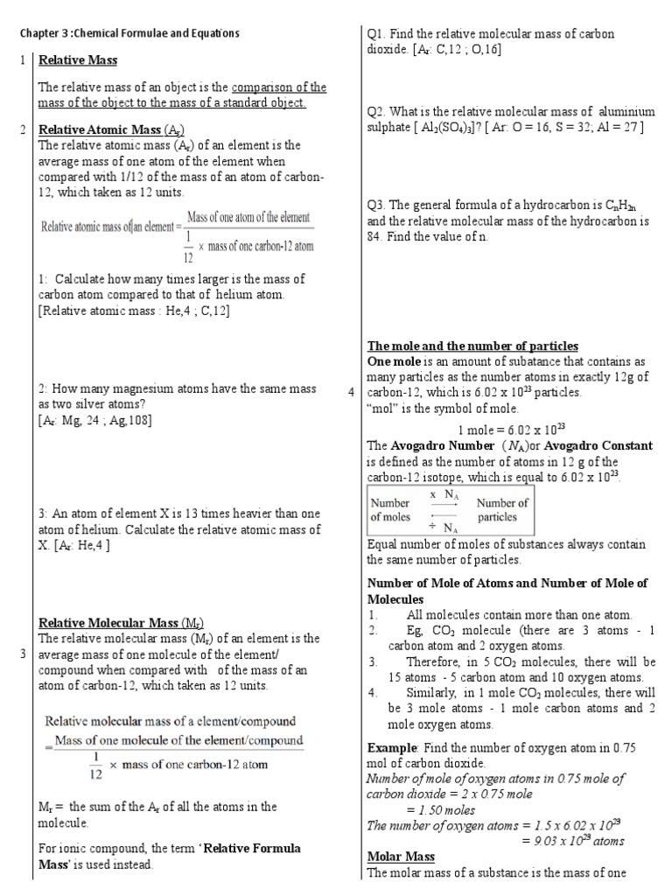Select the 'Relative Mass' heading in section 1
tap(78, 60)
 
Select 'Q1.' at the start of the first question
tap(377, 34)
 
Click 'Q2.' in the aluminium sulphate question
tap(377, 111)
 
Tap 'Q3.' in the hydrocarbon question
tap(377, 205)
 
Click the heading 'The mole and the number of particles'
tap(472, 346)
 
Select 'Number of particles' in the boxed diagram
tap(501, 510)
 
